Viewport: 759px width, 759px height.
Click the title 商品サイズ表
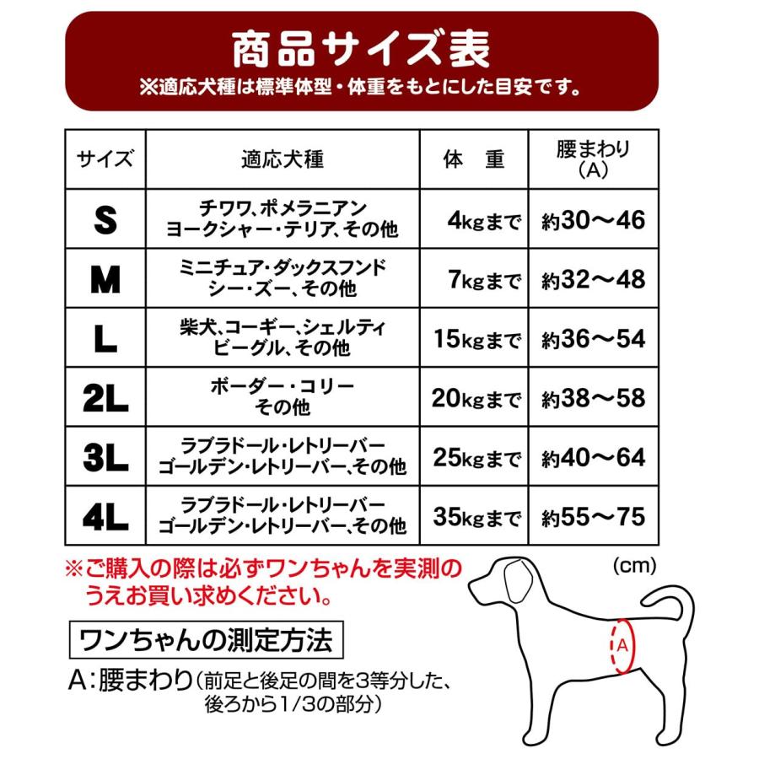click(x=362, y=49)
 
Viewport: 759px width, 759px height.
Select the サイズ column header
click(x=105, y=159)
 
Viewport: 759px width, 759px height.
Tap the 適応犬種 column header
click(x=283, y=159)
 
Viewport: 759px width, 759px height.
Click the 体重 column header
click(x=474, y=159)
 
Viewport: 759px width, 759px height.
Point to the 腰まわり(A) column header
click(x=594, y=159)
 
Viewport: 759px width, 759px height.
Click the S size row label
click(x=105, y=219)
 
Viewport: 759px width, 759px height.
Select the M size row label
click(x=105, y=279)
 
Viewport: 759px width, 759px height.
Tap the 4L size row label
click(x=105, y=515)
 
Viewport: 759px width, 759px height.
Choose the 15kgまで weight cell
click(x=477, y=339)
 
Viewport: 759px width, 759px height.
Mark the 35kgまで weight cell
click(x=477, y=515)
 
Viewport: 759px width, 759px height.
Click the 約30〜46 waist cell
click(x=593, y=221)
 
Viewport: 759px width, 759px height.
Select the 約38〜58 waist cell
click(x=593, y=398)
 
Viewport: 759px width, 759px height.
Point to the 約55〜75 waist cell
click(x=593, y=515)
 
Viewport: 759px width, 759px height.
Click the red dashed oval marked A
click(x=622, y=645)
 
